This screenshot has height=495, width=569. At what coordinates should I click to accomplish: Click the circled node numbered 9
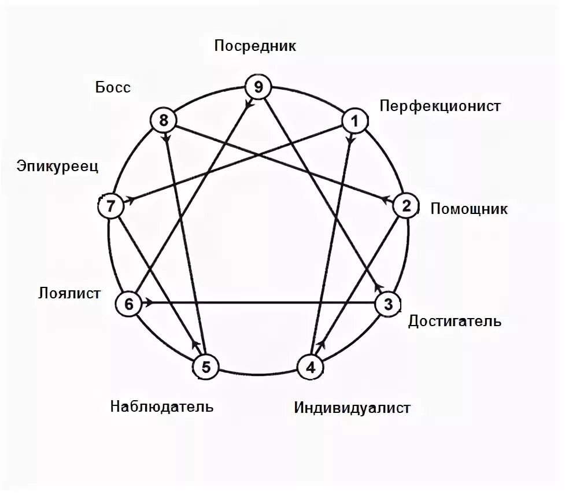[258, 87]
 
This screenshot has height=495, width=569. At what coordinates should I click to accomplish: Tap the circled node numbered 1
[355, 121]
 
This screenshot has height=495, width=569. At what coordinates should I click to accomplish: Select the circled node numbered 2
[406, 206]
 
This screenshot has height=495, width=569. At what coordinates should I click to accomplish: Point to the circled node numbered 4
[311, 367]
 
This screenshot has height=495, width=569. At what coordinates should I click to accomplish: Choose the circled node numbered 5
[208, 367]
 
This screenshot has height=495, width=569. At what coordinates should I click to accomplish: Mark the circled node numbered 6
[129, 304]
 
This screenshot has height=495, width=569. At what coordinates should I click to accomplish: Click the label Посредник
[255, 46]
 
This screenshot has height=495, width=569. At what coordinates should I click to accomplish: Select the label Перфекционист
[440, 106]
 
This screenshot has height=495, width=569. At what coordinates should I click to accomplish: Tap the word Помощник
[469, 208]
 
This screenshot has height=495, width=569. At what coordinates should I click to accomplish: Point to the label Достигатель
[455, 321]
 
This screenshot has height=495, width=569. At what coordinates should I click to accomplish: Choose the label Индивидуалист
[352, 408]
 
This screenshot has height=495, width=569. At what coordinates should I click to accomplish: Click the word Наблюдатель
[162, 406]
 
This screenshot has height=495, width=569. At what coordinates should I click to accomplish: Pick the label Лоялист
[69, 293]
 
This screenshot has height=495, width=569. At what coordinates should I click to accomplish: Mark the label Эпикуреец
[58, 167]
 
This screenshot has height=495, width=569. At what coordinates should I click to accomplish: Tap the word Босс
[113, 88]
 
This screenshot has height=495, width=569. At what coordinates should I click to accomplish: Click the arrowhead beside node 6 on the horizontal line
[149, 303]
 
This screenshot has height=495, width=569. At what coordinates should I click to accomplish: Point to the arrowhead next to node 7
[131, 200]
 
